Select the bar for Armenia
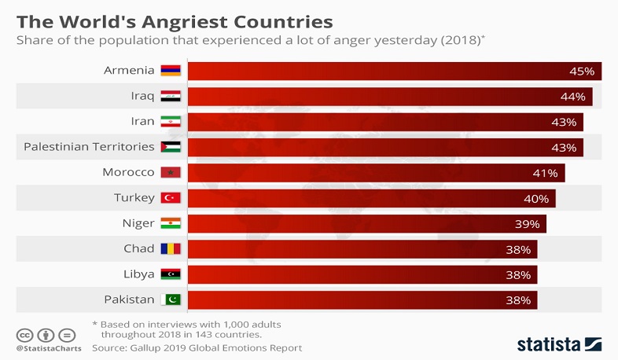click(393, 71)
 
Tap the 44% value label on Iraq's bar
click(573, 97)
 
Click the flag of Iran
click(171, 122)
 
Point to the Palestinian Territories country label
click(89, 147)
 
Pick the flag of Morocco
click(171, 172)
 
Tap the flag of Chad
click(171, 248)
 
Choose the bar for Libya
click(362, 274)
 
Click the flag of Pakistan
click(171, 299)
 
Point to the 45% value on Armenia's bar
click(582, 72)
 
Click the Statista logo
click(559, 343)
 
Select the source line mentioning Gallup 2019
click(197, 347)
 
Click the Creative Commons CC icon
click(24, 332)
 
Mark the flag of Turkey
click(171, 198)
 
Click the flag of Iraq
click(171, 97)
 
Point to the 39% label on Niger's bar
click(527, 224)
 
